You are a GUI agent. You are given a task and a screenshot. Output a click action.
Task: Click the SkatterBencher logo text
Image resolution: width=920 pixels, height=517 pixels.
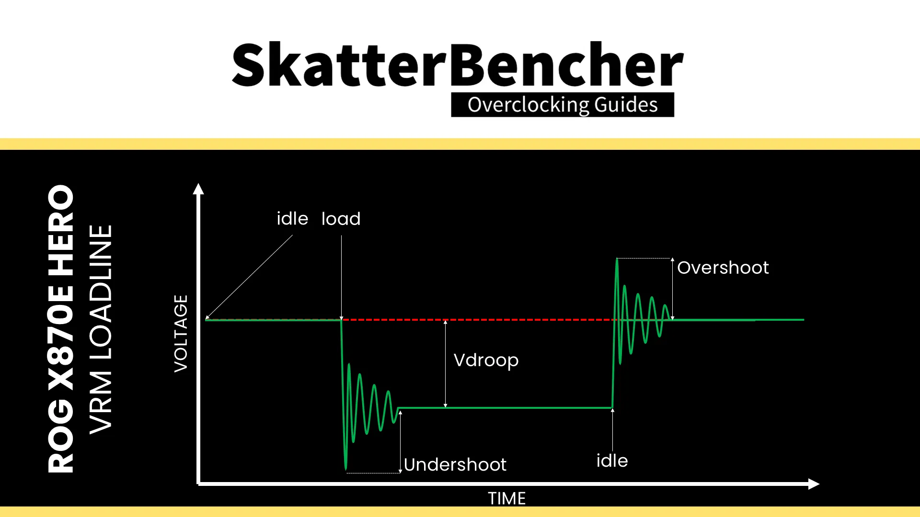pyautogui.click(x=458, y=65)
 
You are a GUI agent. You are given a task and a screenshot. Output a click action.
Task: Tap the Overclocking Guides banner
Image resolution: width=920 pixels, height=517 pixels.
pyautogui.click(x=563, y=105)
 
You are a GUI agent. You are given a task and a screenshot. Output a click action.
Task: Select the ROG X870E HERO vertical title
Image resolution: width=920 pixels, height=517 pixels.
pyautogui.click(x=61, y=329)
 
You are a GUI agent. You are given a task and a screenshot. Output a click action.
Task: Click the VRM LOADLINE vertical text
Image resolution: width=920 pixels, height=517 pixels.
pyautogui.click(x=101, y=329)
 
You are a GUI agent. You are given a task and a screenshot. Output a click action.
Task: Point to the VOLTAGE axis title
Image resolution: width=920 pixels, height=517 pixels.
pyautogui.click(x=181, y=333)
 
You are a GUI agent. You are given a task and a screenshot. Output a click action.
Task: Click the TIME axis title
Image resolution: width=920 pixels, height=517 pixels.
pyautogui.click(x=506, y=498)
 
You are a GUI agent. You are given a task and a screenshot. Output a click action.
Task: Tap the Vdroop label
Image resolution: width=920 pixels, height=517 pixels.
pyautogui.click(x=486, y=360)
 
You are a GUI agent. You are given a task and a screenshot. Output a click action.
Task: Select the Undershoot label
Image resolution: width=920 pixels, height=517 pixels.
pyautogui.click(x=455, y=464)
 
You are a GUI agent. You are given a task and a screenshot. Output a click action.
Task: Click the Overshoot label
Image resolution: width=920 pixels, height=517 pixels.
pyautogui.click(x=723, y=268)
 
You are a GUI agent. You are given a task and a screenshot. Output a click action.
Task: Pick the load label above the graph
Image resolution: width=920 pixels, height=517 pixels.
pyautogui.click(x=341, y=219)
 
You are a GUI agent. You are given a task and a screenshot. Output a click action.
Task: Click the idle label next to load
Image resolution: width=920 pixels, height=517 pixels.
pyautogui.click(x=292, y=219)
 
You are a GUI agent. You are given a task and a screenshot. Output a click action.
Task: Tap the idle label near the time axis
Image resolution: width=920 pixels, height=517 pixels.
pyautogui.click(x=612, y=461)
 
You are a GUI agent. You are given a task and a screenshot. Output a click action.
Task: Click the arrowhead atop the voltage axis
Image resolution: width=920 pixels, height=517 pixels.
pyautogui.click(x=198, y=189)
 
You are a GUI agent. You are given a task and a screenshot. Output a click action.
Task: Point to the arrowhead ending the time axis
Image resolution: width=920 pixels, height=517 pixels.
pyautogui.click(x=814, y=484)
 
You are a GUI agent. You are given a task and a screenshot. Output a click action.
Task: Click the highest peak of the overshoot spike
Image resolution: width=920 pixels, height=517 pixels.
pyautogui.click(x=617, y=260)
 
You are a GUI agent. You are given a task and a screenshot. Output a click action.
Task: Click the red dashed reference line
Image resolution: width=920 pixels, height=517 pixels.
pyautogui.click(x=479, y=319)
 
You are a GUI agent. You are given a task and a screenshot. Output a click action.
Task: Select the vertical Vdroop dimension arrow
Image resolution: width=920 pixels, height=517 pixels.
pyautogui.click(x=445, y=364)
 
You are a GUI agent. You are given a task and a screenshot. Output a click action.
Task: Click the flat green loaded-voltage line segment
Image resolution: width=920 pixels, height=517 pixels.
pyautogui.click(x=503, y=408)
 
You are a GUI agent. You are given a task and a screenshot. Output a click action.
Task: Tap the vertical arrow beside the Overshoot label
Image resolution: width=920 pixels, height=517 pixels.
pyautogui.click(x=672, y=289)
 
